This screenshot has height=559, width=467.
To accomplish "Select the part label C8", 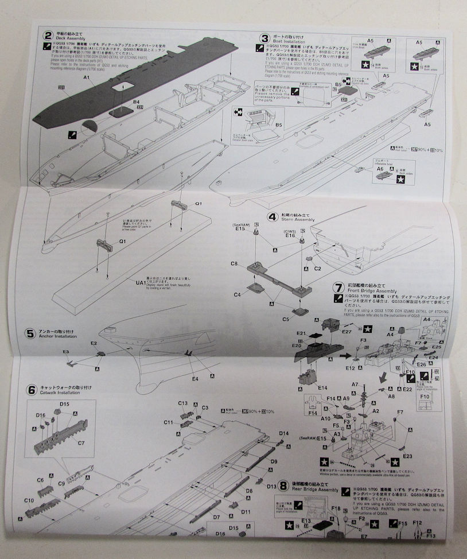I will coord(234,264).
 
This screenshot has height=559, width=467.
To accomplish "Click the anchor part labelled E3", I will coord(66,351).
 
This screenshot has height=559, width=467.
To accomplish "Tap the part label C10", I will coord(30,500).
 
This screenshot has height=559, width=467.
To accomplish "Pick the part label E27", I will coord(347,331).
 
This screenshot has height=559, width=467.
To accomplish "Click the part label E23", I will coord(408,456).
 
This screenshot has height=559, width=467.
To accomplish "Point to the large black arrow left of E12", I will coord(345,355).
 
